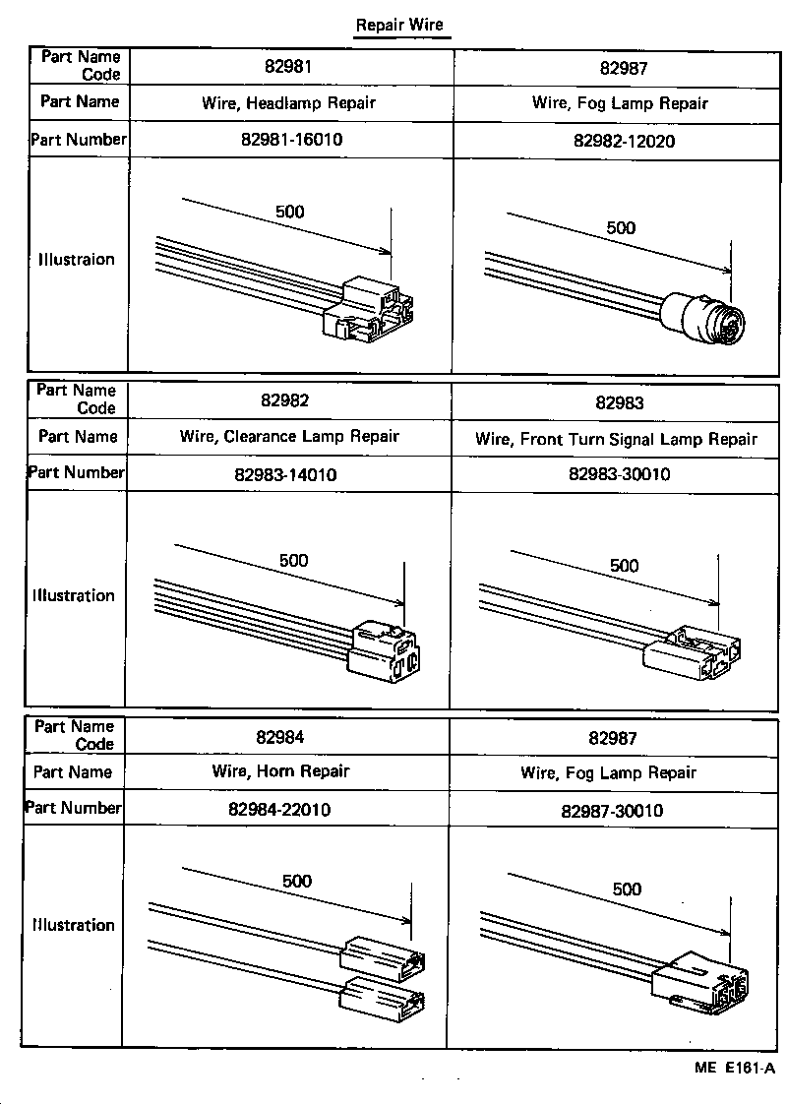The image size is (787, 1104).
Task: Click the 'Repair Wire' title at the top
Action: click(x=399, y=26)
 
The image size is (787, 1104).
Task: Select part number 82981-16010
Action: click(x=291, y=140)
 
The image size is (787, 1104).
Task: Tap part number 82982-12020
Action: click(x=624, y=141)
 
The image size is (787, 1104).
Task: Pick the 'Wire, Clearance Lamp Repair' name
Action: click(x=289, y=436)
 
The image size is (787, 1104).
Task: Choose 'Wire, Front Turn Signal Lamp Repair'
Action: click(x=616, y=439)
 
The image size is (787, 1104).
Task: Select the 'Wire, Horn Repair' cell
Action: click(x=280, y=771)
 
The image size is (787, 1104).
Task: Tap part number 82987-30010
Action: click(x=612, y=811)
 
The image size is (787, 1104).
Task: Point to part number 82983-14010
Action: click(x=285, y=475)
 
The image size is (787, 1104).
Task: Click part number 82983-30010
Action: click(x=619, y=474)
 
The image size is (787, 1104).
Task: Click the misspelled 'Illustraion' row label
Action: click(x=77, y=260)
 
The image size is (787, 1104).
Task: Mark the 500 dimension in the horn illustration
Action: click(x=297, y=881)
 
